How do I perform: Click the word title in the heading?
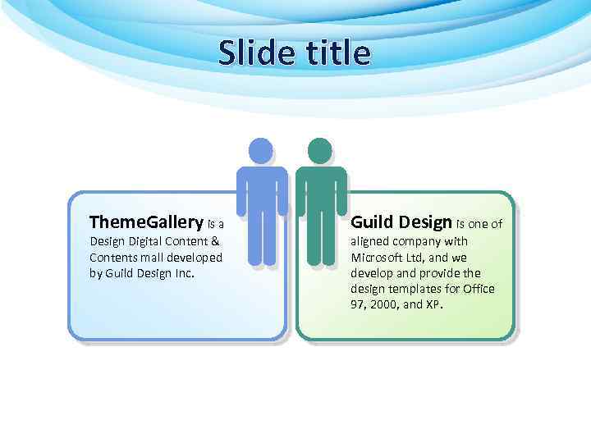[336, 53]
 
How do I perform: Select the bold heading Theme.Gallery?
[146, 222]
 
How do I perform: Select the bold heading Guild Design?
[401, 222]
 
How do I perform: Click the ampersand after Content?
[215, 242]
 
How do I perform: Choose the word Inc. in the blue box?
[184, 273]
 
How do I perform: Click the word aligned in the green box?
[371, 242]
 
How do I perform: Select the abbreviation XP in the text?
[433, 304]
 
